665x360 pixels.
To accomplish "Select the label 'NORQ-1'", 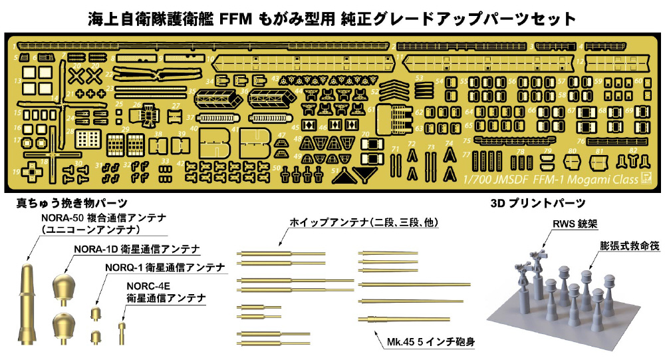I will (x=124, y=267).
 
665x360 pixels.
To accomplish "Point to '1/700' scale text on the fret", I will (x=477, y=179).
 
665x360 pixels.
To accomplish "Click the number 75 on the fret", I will (x=466, y=140).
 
